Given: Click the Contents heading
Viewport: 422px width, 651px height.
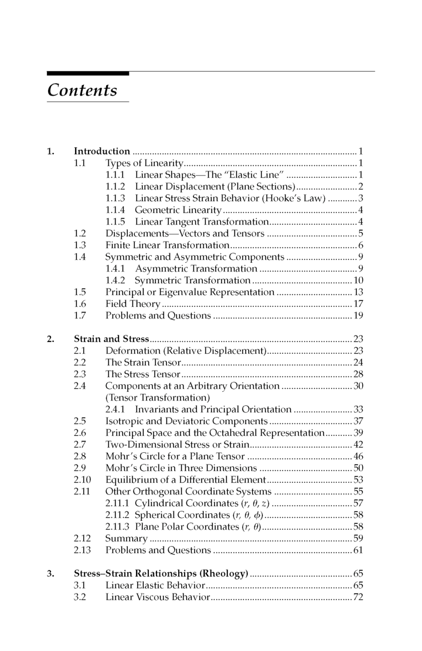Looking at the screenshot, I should point(82,90).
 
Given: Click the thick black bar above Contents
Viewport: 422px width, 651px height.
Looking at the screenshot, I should point(88,73).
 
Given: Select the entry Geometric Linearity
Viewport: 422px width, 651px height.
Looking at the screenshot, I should point(178,210).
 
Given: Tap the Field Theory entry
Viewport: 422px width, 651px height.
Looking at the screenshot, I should point(132,304).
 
